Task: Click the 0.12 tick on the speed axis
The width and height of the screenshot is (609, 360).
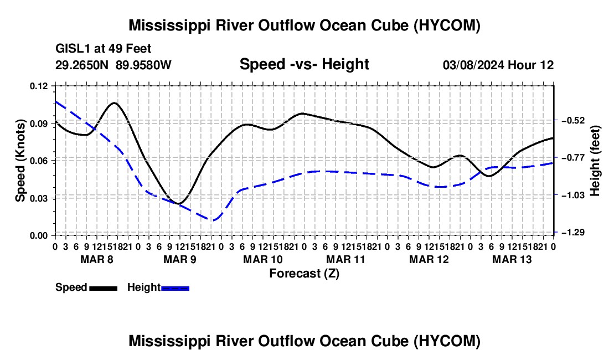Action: (38, 86)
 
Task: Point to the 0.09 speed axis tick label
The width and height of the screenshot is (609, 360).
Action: (38, 124)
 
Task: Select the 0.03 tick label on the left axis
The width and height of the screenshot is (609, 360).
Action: (38, 198)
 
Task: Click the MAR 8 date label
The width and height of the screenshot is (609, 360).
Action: (97, 259)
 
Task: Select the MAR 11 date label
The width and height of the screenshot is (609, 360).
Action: (345, 259)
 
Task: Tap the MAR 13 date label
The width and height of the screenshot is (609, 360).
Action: (512, 259)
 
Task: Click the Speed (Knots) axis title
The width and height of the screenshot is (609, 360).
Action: (20, 161)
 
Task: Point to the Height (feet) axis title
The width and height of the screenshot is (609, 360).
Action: (595, 161)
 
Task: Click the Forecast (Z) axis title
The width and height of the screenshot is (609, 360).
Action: (304, 274)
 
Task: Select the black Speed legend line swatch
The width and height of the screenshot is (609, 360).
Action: (104, 289)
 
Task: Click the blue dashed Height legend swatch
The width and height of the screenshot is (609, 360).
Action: (175, 289)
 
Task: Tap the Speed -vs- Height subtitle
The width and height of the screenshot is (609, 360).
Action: (304, 64)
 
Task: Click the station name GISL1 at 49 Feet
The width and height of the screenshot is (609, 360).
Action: (104, 49)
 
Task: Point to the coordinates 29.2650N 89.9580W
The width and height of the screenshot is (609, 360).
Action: (113, 65)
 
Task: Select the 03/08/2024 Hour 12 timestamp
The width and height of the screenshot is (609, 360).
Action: (498, 65)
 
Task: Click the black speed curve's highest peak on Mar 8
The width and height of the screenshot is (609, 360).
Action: (115, 103)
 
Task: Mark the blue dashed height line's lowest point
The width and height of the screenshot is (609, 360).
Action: (213, 220)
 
